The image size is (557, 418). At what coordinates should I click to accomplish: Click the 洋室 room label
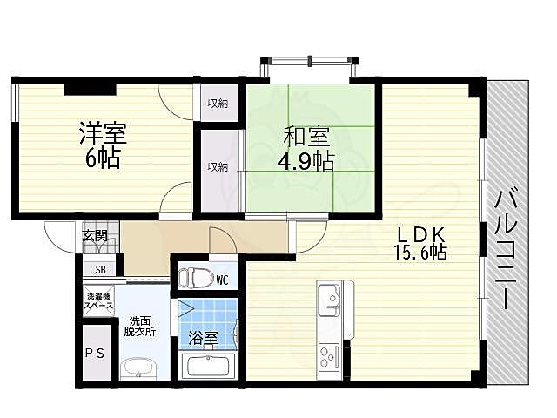click(104, 135)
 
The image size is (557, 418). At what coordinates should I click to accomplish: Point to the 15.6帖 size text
click(420, 253)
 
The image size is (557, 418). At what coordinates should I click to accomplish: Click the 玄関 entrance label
click(95, 235)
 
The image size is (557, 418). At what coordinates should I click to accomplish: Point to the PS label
click(95, 354)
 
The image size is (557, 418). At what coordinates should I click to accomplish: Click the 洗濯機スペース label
click(98, 301)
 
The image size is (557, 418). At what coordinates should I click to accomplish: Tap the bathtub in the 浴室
click(206, 367)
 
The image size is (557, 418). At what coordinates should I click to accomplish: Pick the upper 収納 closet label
click(218, 104)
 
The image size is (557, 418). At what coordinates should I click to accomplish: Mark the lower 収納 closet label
click(218, 166)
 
